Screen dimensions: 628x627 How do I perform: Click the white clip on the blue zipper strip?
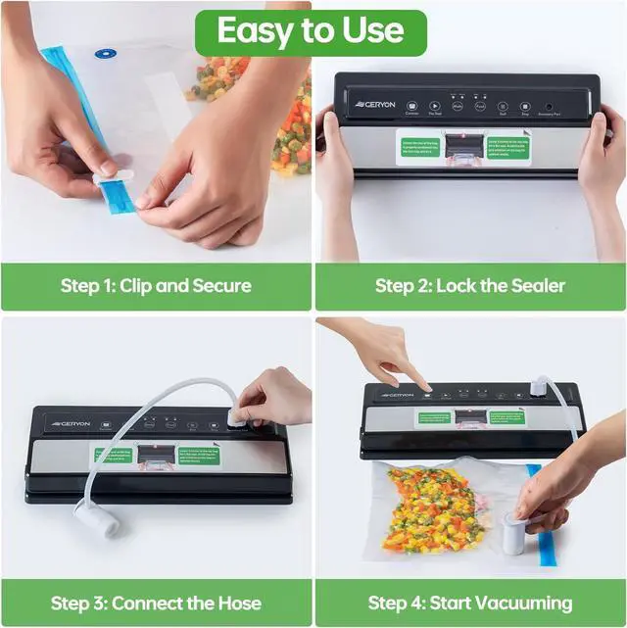click(113, 180)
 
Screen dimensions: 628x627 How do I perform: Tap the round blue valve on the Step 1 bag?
click(101, 54)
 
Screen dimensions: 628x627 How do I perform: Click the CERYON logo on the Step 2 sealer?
click(375, 105)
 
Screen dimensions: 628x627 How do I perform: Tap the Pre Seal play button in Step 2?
click(434, 106)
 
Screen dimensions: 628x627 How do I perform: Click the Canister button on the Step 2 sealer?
click(411, 106)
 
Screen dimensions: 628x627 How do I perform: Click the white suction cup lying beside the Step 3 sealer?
click(96, 517)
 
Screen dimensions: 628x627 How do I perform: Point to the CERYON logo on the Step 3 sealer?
click(72, 424)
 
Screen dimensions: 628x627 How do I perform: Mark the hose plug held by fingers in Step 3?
click(237, 418)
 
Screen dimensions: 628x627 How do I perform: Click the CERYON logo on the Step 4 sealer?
click(398, 395)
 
